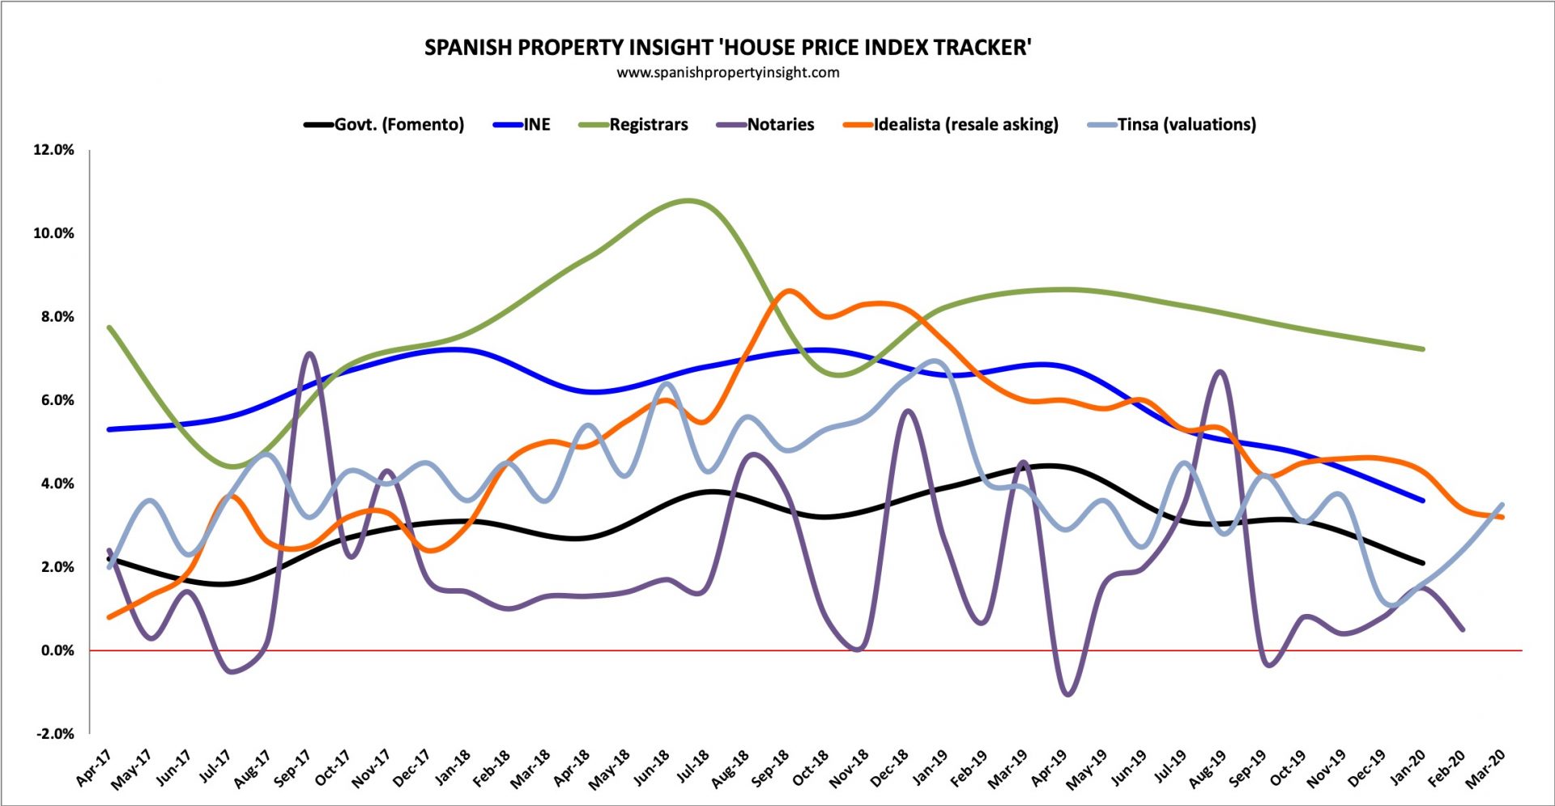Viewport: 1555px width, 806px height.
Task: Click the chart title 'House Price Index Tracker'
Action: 727,47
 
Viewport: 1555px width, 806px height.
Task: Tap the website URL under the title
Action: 727,73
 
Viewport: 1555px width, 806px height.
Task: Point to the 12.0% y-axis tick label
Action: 53,150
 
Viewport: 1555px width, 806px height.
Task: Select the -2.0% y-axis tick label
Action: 53,734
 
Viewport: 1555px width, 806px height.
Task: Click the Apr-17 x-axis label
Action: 93,768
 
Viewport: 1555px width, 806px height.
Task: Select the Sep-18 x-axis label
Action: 770,768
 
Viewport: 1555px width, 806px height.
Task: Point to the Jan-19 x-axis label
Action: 930,768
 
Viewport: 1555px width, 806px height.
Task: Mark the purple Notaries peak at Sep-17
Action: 309,353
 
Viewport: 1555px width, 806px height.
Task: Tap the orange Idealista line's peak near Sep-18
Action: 790,290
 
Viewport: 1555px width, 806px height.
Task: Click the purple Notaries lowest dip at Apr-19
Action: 1067,694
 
